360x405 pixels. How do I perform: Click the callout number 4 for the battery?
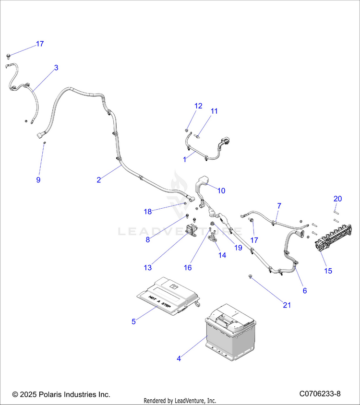[x=179, y=358]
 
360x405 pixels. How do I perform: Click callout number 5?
[x=134, y=322]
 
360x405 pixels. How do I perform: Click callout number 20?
[x=337, y=199]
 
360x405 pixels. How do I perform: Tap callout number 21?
[x=287, y=305]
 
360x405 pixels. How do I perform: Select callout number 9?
[x=38, y=180]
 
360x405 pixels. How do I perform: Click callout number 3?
[x=56, y=68]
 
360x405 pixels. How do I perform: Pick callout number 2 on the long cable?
[x=98, y=180]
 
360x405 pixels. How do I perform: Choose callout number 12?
[x=198, y=106]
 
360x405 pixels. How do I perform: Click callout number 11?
[x=214, y=111]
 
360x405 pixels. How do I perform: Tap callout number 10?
[x=221, y=191]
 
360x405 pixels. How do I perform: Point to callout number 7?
[x=279, y=206]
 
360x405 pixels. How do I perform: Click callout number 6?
[x=304, y=290]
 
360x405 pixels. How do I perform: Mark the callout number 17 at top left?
[x=40, y=44]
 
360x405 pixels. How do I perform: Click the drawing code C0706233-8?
[x=320, y=394]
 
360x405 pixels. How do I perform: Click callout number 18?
[x=147, y=211]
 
